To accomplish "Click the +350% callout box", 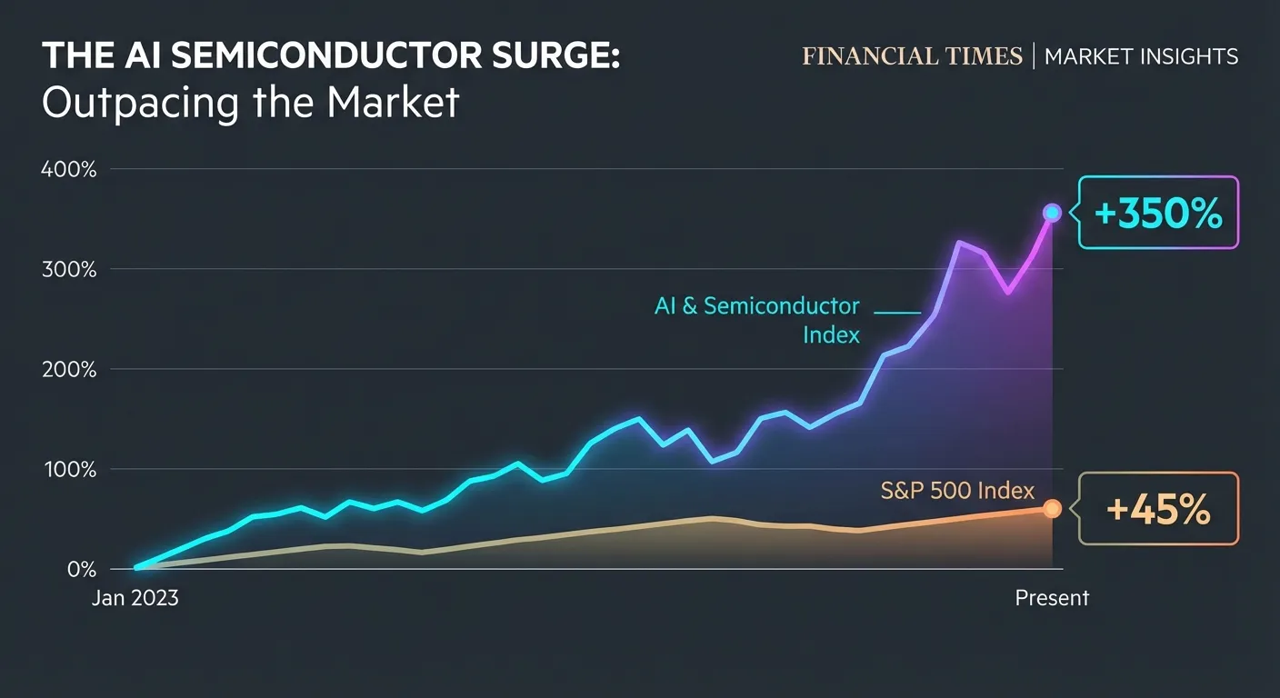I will tap(1158, 213).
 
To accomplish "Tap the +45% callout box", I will tap(1158, 509).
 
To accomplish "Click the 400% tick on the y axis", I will tap(69, 169).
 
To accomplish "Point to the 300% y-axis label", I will tap(69, 269).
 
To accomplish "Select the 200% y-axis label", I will tap(69, 369).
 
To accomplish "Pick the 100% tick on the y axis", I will tap(69, 469).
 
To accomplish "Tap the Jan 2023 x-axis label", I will tap(135, 598).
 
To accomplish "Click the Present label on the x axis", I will tap(1052, 598).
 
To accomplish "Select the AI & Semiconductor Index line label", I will tap(756, 320).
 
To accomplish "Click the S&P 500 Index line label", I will tap(957, 491).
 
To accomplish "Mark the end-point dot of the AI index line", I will tap(1052, 213).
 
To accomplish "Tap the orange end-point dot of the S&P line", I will tap(1052, 509).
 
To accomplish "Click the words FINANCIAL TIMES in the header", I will tap(912, 56).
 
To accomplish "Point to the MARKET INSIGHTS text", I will tap(1141, 56).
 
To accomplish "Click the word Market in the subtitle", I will tap(393, 104).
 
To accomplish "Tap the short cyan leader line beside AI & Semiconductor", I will tap(897, 313).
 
